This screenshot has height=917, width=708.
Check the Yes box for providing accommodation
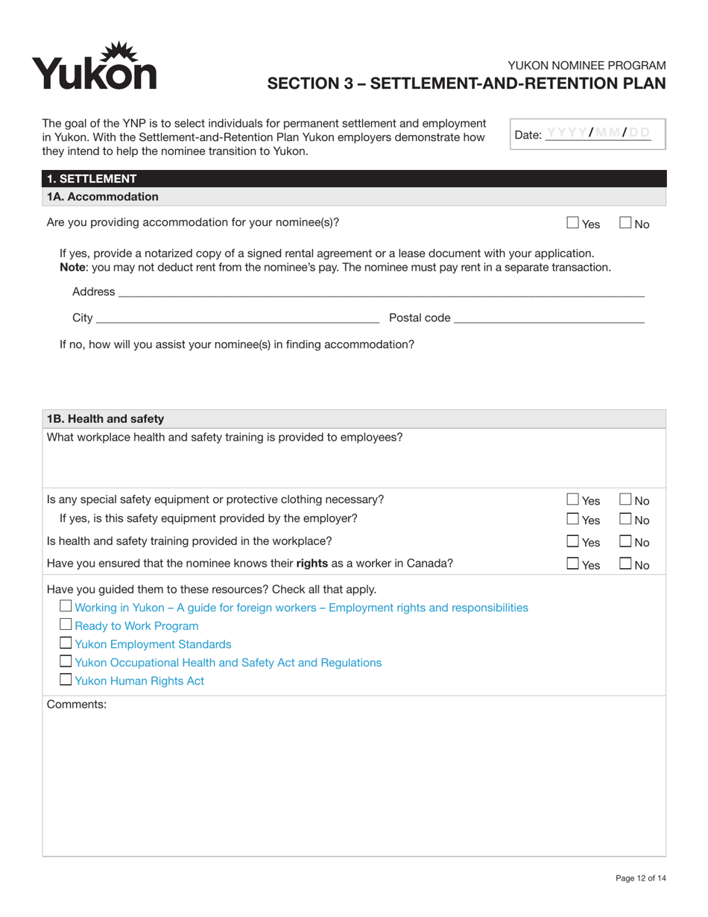(572, 222)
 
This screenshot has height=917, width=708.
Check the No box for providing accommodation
(626, 222)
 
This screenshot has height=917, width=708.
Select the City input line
(237, 318)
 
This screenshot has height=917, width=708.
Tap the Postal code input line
(549, 318)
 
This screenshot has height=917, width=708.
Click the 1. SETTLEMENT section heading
(92, 179)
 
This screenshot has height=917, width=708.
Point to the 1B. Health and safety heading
(105, 419)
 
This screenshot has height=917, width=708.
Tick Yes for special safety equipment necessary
(572, 500)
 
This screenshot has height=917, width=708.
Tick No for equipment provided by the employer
(626, 519)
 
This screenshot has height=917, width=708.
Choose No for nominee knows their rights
(626, 564)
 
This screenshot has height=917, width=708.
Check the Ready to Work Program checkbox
(66, 625)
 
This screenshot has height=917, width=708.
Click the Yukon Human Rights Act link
(139, 681)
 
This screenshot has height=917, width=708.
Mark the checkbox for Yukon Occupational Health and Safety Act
(66, 662)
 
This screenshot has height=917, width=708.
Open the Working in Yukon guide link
(302, 608)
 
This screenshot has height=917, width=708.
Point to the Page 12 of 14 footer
(640, 878)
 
